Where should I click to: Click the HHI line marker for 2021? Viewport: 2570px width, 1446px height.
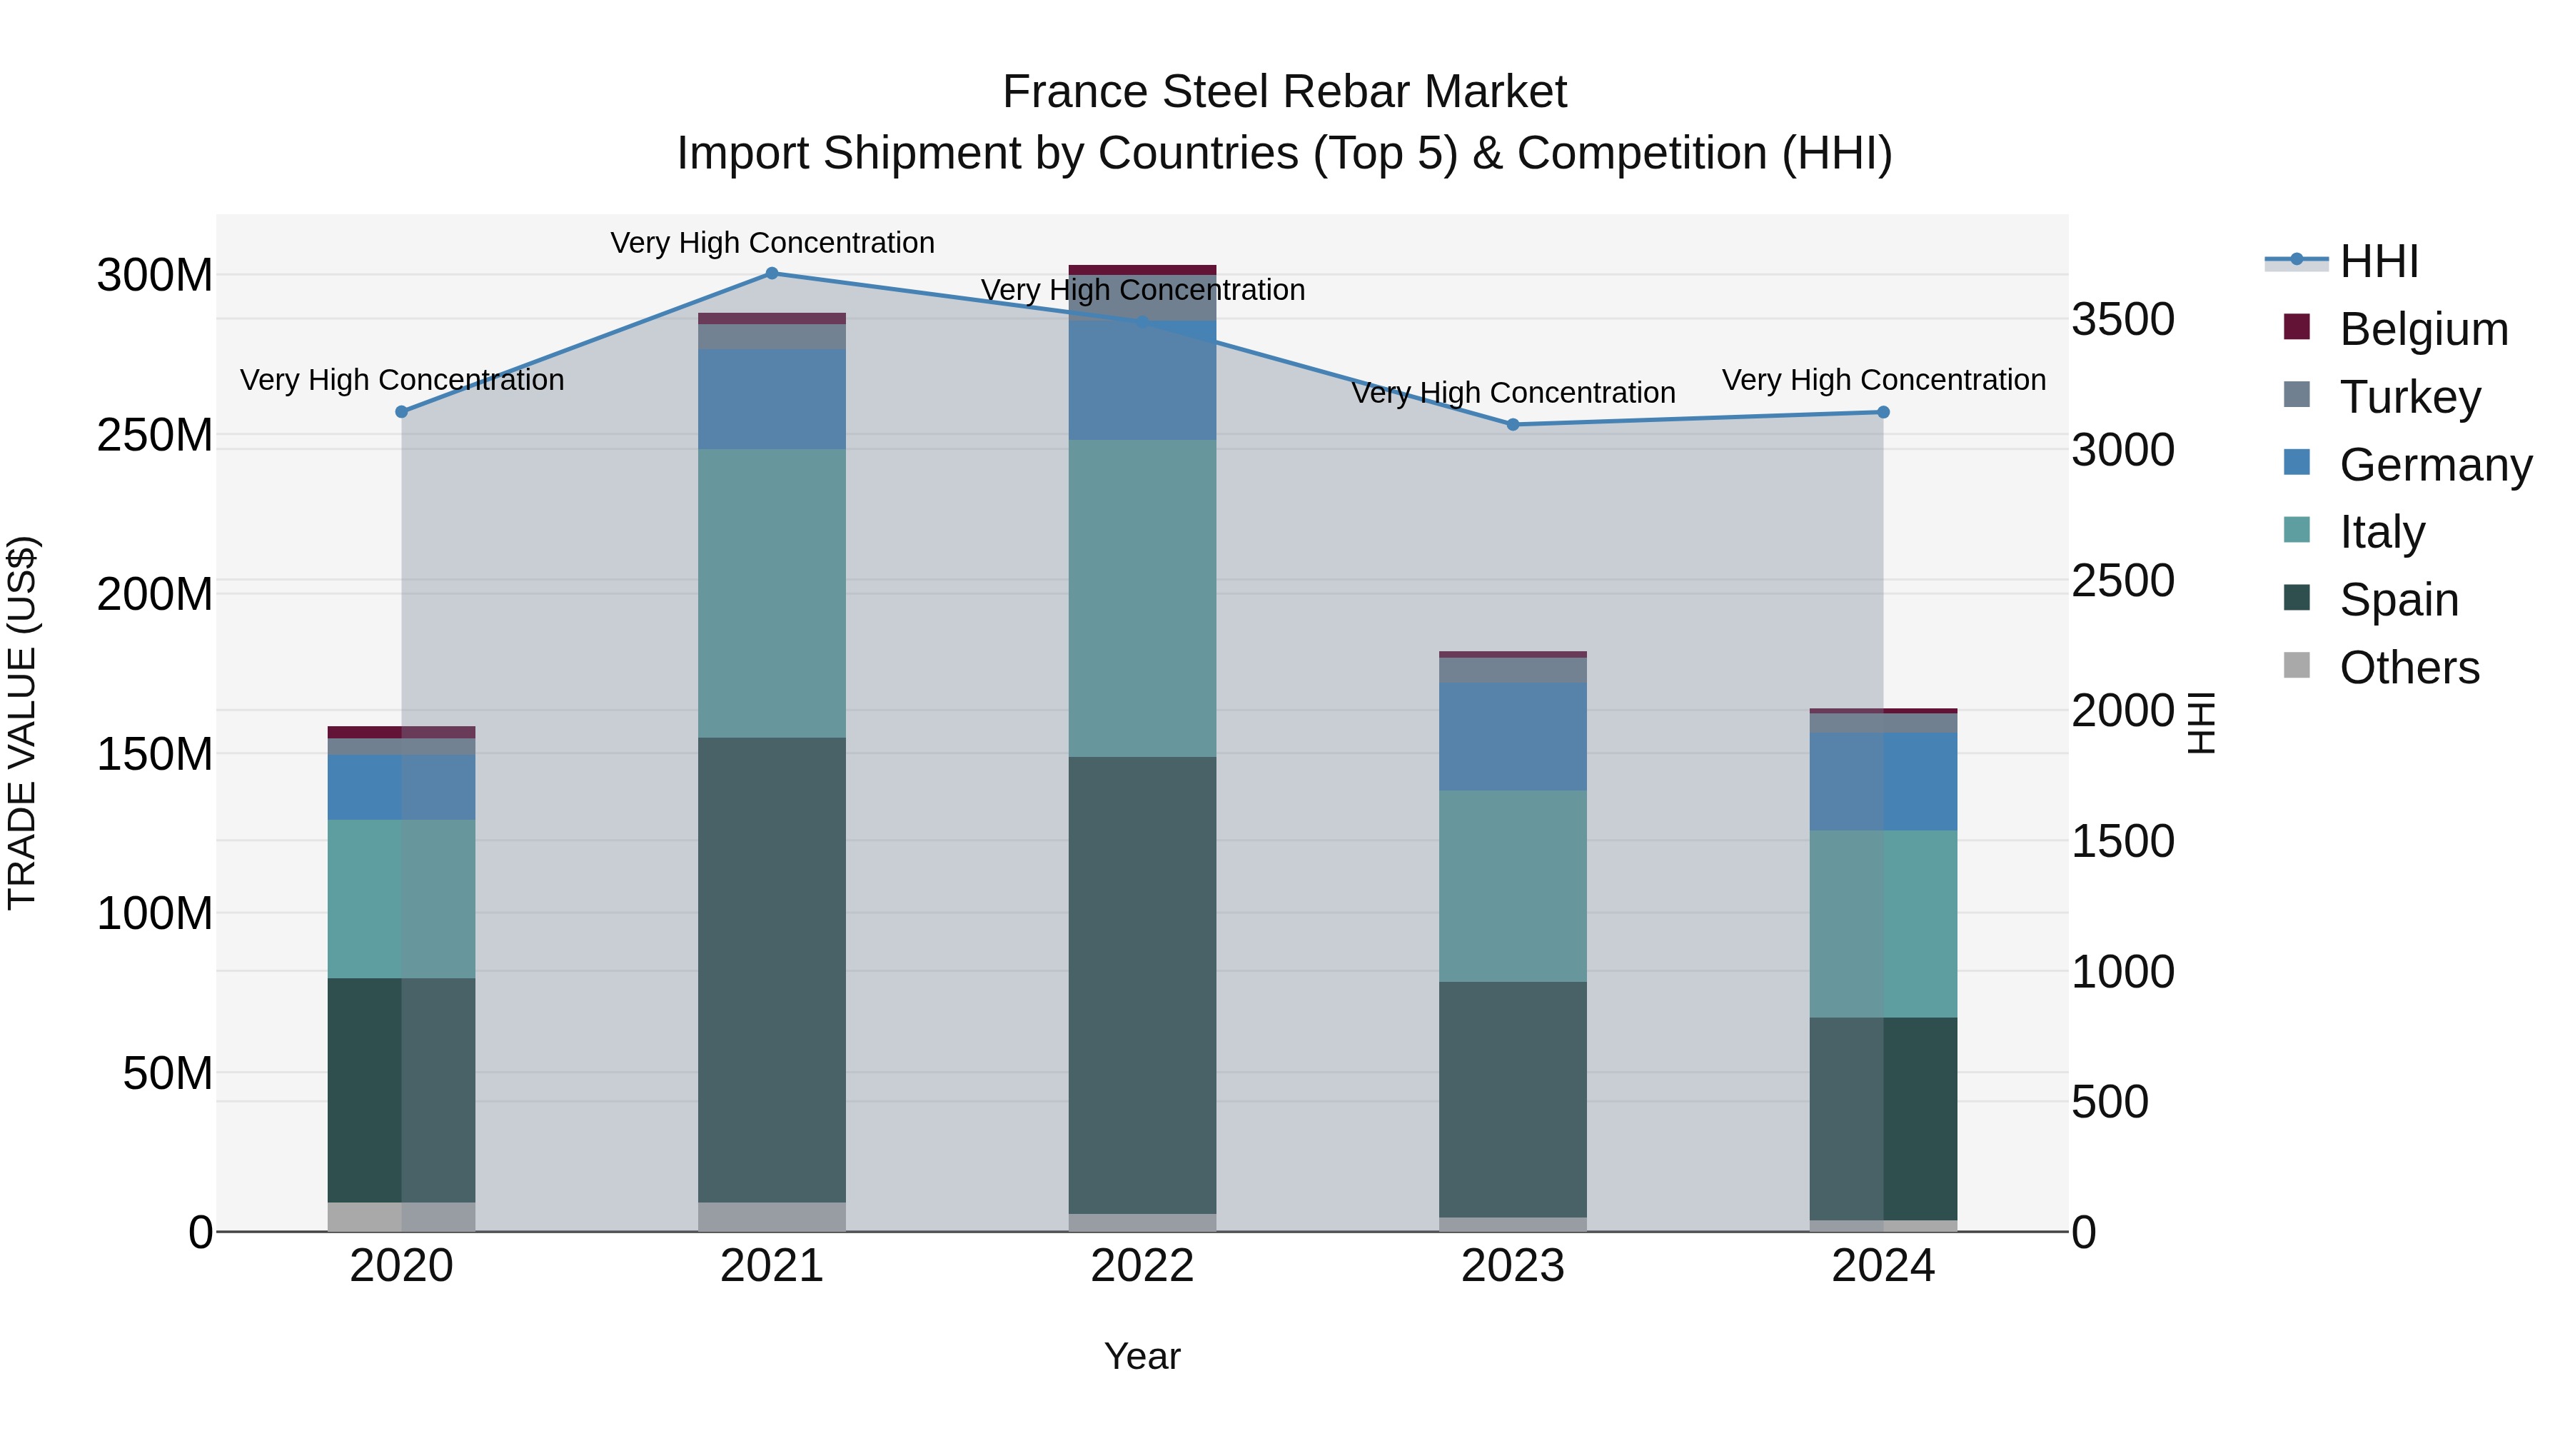[771, 273]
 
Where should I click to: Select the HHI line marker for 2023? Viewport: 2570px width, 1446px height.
[1513, 424]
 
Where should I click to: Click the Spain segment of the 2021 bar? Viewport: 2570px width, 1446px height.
[771, 969]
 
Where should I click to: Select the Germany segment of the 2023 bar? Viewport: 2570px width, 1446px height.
[1513, 736]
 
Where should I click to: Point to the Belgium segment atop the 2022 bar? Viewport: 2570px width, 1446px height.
[1142, 269]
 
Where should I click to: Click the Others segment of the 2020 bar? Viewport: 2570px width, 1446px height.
[401, 1217]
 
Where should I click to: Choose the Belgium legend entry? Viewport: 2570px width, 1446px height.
[2422, 329]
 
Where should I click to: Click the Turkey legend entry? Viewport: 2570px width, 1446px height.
[2409, 397]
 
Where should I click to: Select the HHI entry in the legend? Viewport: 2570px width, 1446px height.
[2379, 261]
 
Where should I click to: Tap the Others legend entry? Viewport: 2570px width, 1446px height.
[2409, 668]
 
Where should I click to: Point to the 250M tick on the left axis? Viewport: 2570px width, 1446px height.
[155, 435]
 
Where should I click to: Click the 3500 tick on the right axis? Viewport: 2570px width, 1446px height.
[2123, 321]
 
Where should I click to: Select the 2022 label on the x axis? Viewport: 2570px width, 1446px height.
[1142, 1266]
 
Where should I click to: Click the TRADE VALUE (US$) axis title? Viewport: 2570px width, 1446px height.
[22, 723]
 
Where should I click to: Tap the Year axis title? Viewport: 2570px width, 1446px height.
[1142, 1356]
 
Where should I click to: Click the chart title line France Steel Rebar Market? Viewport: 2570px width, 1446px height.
[1284, 92]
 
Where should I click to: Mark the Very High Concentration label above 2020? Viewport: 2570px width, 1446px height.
[402, 380]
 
